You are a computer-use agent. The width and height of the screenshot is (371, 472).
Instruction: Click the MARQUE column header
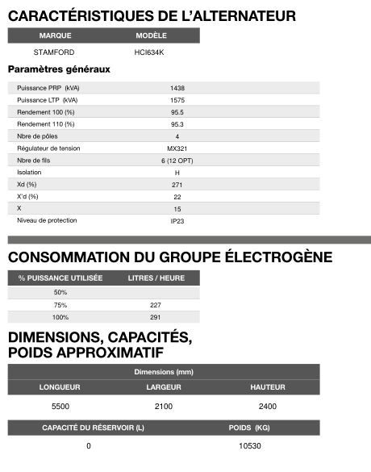(54, 36)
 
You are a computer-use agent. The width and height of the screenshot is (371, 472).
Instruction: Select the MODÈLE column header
(151, 36)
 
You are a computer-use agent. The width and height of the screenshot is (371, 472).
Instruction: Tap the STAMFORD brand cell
(54, 52)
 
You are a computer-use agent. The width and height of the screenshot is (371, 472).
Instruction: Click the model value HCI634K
(151, 52)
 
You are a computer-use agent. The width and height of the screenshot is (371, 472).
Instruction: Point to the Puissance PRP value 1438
(177, 87)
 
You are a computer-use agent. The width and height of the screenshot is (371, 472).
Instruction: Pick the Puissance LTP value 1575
(177, 99)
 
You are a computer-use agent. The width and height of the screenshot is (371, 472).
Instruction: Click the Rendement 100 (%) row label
(46, 111)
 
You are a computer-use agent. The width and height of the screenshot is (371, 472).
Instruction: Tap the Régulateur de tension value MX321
(177, 148)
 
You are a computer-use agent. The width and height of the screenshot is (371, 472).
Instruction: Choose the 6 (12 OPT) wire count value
(177, 160)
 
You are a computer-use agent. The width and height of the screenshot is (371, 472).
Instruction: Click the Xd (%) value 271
(177, 184)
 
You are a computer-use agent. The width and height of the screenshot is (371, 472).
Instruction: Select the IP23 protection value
(177, 220)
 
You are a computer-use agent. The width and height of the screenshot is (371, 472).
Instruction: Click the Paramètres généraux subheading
(59, 69)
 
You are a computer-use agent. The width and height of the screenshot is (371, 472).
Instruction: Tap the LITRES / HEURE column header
(156, 278)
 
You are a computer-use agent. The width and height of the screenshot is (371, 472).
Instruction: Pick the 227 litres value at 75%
(156, 305)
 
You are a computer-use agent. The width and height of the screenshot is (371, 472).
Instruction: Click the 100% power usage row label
(60, 317)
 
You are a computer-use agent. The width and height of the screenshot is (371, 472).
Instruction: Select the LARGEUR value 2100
(164, 406)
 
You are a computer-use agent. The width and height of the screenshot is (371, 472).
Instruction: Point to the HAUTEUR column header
(268, 387)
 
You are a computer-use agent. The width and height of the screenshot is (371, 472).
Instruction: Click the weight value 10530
(250, 445)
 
